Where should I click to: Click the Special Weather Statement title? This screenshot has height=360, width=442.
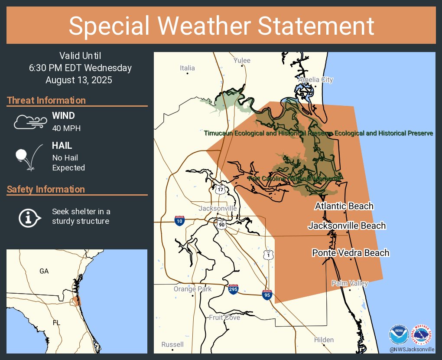(221, 26)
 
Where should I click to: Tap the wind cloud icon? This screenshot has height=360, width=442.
(29, 122)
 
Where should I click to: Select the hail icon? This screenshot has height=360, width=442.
(29, 157)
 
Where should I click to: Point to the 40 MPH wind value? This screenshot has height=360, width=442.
(66, 128)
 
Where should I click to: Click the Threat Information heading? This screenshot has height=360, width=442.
(46, 101)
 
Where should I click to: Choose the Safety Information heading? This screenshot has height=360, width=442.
(46, 190)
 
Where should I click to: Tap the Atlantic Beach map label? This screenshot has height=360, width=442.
(344, 206)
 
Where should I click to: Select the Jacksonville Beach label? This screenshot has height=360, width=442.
(347, 226)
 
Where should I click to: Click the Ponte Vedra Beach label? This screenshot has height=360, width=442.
(351, 253)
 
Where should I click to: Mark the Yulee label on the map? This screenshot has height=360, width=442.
(242, 60)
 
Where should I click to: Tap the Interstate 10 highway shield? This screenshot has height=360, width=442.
(179, 220)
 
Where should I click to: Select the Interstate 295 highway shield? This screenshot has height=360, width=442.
(233, 289)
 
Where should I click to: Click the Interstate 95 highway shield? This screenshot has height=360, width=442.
(267, 295)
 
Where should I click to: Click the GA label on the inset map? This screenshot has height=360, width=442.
(44, 271)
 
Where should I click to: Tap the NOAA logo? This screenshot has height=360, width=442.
(398, 334)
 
